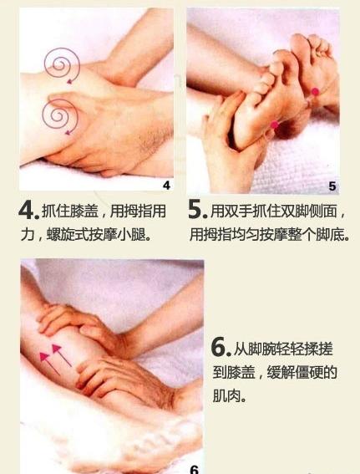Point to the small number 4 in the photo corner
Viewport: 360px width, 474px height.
(x=166, y=185)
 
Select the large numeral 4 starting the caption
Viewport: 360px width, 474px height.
(x=28, y=212)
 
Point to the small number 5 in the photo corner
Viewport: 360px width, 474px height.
(x=332, y=186)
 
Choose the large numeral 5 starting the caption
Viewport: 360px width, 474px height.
(x=197, y=212)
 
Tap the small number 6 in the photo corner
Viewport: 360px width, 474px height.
(x=194, y=469)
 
